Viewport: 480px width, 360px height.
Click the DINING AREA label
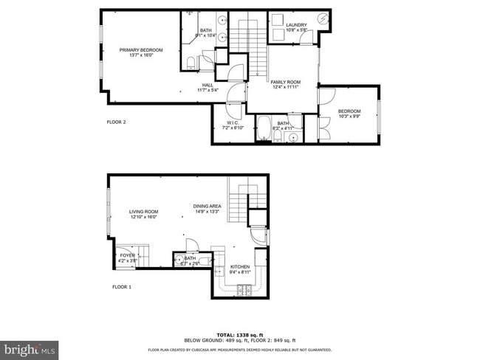click(x=208, y=209)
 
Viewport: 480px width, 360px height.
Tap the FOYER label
click(x=126, y=257)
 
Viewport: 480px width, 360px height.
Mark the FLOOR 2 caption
click(x=117, y=122)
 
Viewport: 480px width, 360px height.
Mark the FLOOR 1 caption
click(x=121, y=286)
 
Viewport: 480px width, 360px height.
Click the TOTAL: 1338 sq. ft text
click(x=239, y=334)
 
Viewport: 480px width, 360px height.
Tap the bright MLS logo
click(x=30, y=347)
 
